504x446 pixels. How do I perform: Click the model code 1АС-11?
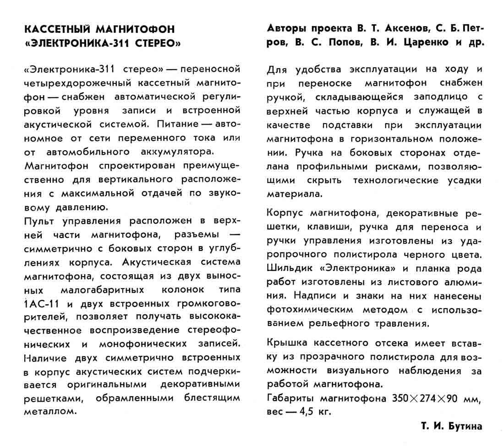[41, 304]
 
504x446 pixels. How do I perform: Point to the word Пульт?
[38, 221]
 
